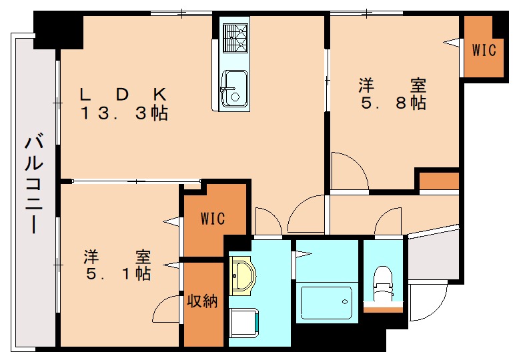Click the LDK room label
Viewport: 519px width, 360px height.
click(123, 93)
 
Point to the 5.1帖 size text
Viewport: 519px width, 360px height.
click(117, 274)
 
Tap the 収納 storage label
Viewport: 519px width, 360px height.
click(202, 301)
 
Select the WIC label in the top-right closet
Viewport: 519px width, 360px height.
click(484, 49)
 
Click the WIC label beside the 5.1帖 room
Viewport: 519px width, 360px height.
click(213, 219)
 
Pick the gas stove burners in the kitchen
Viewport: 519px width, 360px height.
click(235, 38)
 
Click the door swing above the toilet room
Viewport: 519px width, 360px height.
click(386, 223)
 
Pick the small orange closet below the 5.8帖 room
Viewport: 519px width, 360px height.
click(438, 181)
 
